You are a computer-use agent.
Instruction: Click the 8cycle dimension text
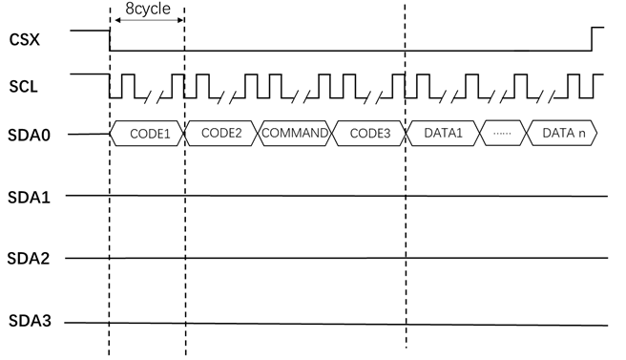pyautogui.click(x=147, y=11)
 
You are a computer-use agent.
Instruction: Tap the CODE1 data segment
pyautogui.click(x=147, y=133)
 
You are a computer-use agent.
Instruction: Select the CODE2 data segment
pyautogui.click(x=221, y=133)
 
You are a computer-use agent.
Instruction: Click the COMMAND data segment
pyautogui.click(x=295, y=133)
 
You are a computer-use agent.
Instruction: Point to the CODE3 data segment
pyautogui.click(x=369, y=133)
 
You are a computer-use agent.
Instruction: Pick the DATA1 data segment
pyautogui.click(x=444, y=133)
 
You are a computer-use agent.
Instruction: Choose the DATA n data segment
pyautogui.click(x=563, y=133)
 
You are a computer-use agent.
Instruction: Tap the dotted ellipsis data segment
pyautogui.click(x=503, y=133)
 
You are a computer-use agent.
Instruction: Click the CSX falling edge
pyautogui.click(x=110, y=39)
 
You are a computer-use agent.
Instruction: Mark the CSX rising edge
pyautogui.click(x=592, y=39)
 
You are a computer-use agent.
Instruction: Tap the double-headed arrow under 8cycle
pyautogui.click(x=147, y=23)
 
